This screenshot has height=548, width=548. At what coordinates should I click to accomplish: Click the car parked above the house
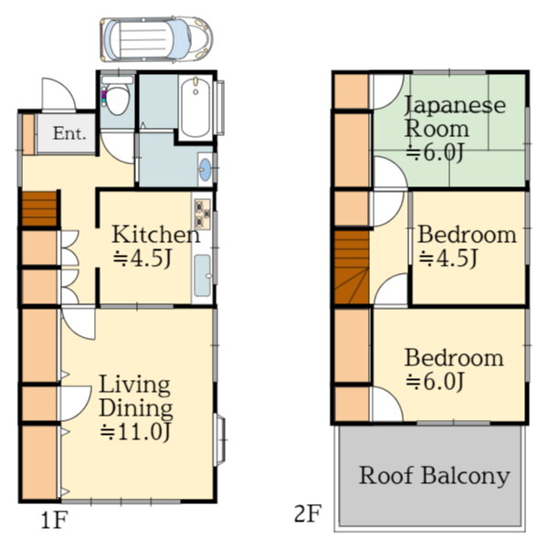click(x=156, y=38)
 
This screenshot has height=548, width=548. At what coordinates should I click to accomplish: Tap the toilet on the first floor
click(x=117, y=95)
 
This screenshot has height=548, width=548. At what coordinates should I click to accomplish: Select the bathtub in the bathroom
click(x=195, y=107)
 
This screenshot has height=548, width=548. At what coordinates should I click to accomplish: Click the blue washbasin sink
click(x=205, y=170)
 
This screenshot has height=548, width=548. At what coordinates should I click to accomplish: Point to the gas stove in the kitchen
click(x=203, y=214)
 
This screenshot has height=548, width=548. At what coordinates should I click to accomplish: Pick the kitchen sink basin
click(x=203, y=276)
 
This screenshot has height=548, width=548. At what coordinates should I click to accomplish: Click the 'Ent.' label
click(x=69, y=133)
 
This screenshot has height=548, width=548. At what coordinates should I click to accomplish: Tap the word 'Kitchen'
click(x=156, y=235)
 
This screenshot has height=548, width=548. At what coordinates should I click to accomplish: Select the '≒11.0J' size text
click(x=135, y=432)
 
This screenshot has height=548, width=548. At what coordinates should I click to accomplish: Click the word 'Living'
click(x=135, y=385)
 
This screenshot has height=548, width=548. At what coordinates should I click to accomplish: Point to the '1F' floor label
click(x=54, y=522)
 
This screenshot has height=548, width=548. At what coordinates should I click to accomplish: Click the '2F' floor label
click(x=308, y=513)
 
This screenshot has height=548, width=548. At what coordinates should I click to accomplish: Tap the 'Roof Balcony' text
click(x=435, y=476)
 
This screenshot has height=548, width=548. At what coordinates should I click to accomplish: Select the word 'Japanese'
click(x=455, y=105)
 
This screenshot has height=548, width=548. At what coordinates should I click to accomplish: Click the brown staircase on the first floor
click(x=39, y=208)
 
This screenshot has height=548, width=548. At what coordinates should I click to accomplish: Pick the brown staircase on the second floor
click(x=352, y=267)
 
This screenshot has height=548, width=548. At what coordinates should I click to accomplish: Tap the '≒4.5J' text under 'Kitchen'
click(x=142, y=258)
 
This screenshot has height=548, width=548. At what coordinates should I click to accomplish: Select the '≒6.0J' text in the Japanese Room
click(x=435, y=153)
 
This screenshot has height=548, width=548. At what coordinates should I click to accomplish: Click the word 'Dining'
click(x=136, y=409)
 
